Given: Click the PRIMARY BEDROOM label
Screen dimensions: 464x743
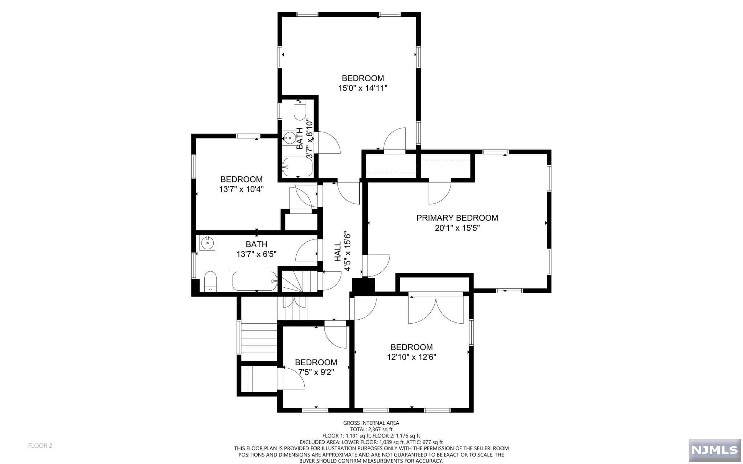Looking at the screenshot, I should point(457,218).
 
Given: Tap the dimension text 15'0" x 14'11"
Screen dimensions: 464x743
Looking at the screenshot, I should point(363,88).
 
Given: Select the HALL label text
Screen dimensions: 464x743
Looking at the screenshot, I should point(338,251).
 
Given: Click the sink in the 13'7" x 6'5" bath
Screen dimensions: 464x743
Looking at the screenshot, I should point(207,243).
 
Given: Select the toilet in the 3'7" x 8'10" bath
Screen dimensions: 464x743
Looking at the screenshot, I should point(300,110).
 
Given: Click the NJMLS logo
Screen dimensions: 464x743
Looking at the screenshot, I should point(714,450).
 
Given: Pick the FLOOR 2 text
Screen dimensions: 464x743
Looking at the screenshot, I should point(40,445).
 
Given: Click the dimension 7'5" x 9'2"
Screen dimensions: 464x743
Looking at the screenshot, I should point(316,372).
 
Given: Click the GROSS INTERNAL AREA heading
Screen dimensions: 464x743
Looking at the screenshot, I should point(371,423).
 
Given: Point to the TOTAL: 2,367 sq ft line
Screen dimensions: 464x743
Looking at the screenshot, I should point(371,429).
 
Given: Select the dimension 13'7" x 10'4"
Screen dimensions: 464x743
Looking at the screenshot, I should point(241,189).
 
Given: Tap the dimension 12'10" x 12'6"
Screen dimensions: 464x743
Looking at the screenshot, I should point(411,357).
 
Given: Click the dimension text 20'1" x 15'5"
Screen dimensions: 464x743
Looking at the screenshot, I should point(457,228).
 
